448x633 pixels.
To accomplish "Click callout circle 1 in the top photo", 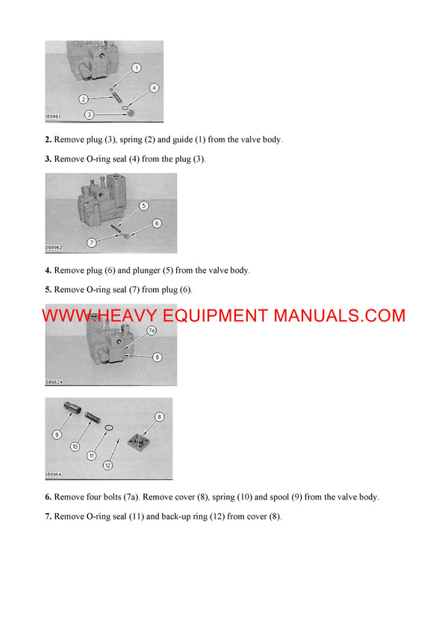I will tap(137, 68).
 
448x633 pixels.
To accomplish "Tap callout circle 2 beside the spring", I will tap(84, 98).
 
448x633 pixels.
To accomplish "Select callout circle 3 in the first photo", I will tap(90, 114).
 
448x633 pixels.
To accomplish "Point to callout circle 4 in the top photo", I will tap(154, 88).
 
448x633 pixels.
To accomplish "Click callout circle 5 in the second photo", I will tap(144, 205).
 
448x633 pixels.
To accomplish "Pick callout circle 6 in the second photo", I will tap(157, 223).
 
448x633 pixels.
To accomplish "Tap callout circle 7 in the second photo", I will tap(91, 242).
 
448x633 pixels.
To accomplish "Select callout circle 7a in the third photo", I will tap(151, 330).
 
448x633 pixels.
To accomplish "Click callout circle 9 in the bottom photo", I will tap(57, 434).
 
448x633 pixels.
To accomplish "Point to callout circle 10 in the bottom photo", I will tap(75, 446).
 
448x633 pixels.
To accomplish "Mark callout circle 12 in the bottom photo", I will tap(108, 465).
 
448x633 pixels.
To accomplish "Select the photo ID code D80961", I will tap(54, 117).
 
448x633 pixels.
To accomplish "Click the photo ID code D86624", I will tap(54, 382).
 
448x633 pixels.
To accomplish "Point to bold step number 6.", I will tap(48, 497).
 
